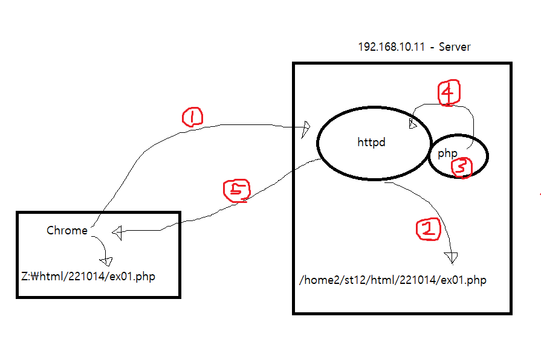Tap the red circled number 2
pos(427,228)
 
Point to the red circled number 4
pos(449,93)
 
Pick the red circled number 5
pos(236,190)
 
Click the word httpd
pos(371,143)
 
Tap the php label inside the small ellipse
pos(447,153)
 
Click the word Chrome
pos(66,230)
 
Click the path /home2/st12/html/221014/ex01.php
pos(393,280)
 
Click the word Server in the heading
pos(455,47)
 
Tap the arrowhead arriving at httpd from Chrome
pos(306,128)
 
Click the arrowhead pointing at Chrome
pos(117,231)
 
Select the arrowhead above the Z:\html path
pos(108,261)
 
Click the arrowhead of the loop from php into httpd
pos(413,124)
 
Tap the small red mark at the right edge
pos(539,195)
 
